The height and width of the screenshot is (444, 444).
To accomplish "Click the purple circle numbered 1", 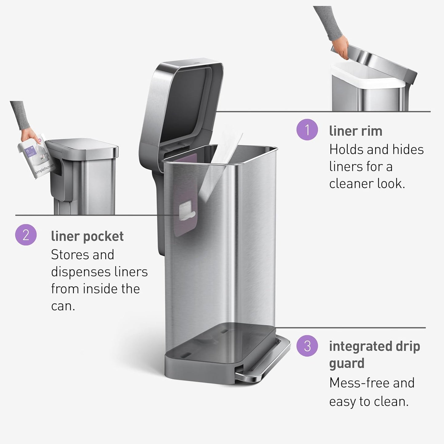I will click(307, 130).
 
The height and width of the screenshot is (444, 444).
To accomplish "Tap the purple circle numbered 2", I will click(26, 235).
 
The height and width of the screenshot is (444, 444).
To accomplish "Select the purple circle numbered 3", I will click(307, 346).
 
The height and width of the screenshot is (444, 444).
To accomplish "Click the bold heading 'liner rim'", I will click(356, 131).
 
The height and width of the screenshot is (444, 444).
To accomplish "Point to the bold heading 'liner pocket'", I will click(87, 236).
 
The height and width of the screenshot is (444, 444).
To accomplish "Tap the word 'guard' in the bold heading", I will click(347, 363).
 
